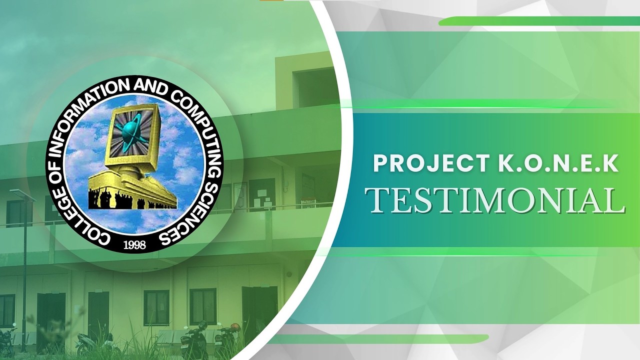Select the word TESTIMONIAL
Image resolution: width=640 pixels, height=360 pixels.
pyautogui.click(x=495, y=199)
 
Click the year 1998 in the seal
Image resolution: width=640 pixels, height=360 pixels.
pyautogui.click(x=134, y=245)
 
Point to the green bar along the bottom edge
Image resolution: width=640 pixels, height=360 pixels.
pyautogui.click(x=380, y=339)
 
